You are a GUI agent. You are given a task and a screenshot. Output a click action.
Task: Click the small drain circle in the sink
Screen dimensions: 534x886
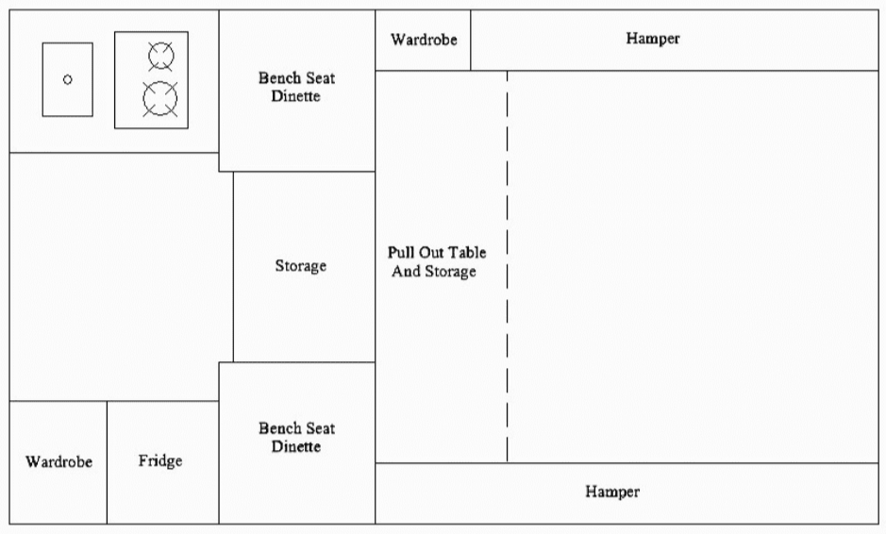(x=67, y=79)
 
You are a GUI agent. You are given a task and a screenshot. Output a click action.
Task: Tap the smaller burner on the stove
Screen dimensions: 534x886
(x=161, y=56)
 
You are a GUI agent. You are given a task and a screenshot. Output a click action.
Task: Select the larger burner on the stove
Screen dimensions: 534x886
(x=160, y=98)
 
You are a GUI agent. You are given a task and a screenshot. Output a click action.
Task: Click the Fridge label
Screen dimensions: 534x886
(x=160, y=461)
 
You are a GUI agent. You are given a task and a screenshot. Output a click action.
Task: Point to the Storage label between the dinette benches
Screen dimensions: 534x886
(x=300, y=266)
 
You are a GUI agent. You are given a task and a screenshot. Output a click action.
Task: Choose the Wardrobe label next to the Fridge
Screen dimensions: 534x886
(x=59, y=462)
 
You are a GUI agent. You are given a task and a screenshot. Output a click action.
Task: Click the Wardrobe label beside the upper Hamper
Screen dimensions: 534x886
(x=424, y=41)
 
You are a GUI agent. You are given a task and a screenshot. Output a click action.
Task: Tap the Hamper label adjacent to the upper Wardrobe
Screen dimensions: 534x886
(x=652, y=39)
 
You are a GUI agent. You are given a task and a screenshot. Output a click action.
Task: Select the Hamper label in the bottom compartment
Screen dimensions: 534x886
(x=611, y=492)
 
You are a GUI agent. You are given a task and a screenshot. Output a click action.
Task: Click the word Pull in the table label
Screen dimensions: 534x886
(x=402, y=253)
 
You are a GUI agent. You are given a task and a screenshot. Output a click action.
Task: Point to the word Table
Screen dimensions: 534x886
(x=467, y=253)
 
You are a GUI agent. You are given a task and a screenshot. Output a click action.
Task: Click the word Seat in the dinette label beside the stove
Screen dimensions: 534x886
(x=318, y=77)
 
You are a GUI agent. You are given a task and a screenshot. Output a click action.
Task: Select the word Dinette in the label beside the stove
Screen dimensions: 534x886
(x=296, y=96)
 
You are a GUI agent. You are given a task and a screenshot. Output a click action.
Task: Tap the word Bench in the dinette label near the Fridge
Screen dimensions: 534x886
(x=278, y=428)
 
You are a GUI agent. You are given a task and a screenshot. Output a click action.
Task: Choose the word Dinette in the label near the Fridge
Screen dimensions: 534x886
(x=296, y=446)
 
